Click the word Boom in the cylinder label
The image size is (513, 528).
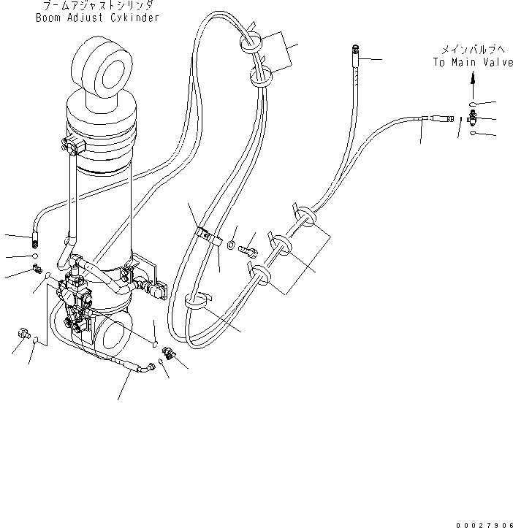(x=48, y=18)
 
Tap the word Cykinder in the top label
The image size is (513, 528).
(x=132, y=18)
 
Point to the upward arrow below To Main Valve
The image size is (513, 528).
(x=471, y=80)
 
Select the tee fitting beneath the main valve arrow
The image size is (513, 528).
(x=471, y=119)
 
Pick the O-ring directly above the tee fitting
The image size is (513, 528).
(x=471, y=104)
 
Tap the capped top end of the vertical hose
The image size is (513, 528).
(x=354, y=49)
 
